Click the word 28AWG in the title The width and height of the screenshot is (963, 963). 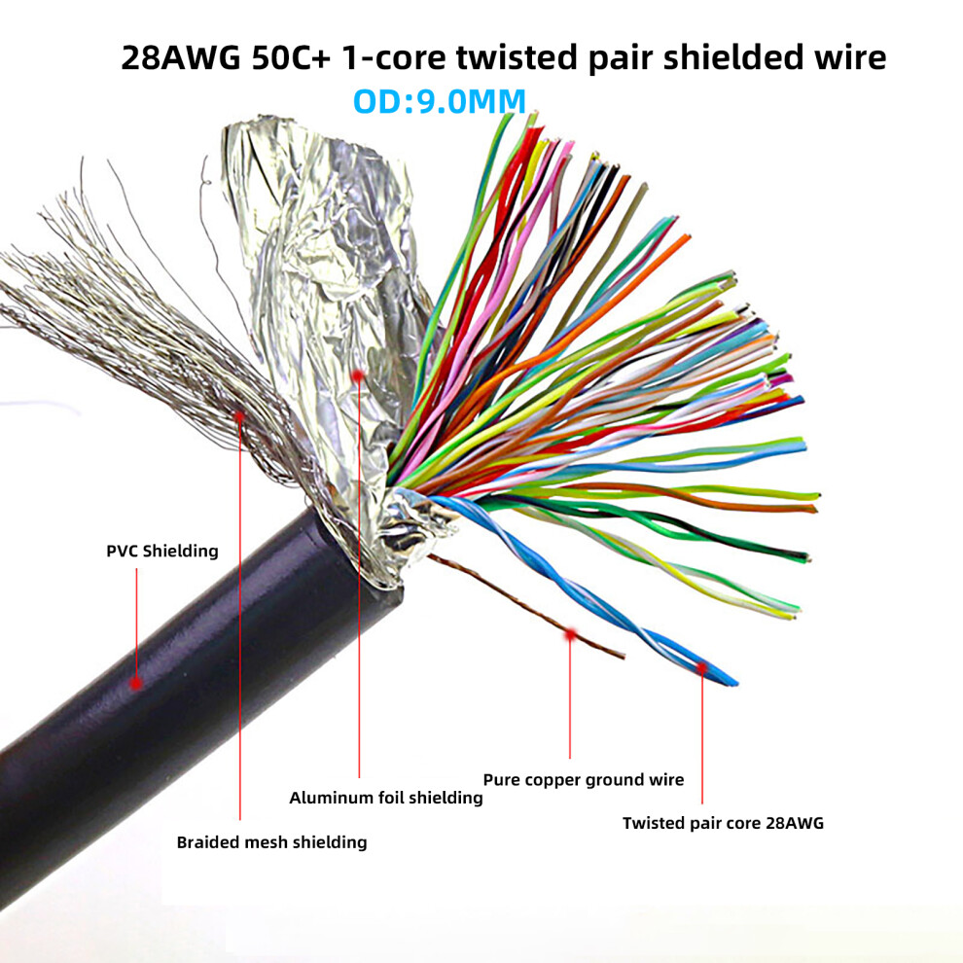pos(181,57)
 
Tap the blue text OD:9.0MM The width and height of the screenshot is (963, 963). pos(440,101)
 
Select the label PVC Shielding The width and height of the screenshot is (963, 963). pos(162,551)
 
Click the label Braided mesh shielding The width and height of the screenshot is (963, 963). pos(271,842)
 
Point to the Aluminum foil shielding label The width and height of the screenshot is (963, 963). pos(386,798)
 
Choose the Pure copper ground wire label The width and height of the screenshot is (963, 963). pos(584,780)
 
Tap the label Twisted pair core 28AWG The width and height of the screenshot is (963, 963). pos(723,823)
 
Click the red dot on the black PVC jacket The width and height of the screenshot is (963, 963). pos(136,682)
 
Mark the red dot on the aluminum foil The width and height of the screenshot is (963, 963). pos(358,375)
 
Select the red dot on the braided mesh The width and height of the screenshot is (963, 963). pos(239,416)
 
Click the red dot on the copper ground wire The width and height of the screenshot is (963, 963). pos(571,634)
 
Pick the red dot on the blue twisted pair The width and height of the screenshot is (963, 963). pos(701,667)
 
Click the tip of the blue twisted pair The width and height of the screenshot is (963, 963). pos(735,683)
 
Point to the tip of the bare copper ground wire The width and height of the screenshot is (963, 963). pos(624,657)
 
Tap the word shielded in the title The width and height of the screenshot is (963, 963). pos(733,57)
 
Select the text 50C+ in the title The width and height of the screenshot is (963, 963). pos(291,57)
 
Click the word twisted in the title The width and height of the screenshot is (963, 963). pos(517,57)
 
